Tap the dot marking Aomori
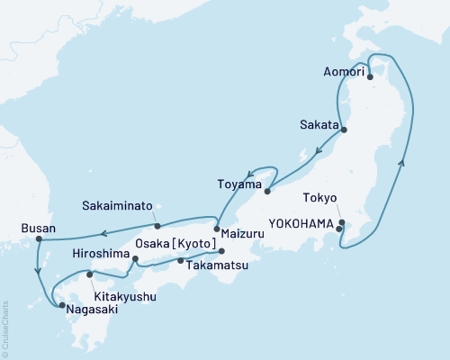tap(370, 77)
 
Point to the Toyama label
tap(238, 184)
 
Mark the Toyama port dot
tap(267, 190)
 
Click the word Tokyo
tap(320, 198)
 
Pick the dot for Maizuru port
tap(216, 228)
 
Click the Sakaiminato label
tap(122, 204)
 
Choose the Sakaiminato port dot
tap(157, 226)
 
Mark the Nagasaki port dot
tap(61, 306)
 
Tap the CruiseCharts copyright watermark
tap(4, 328)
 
